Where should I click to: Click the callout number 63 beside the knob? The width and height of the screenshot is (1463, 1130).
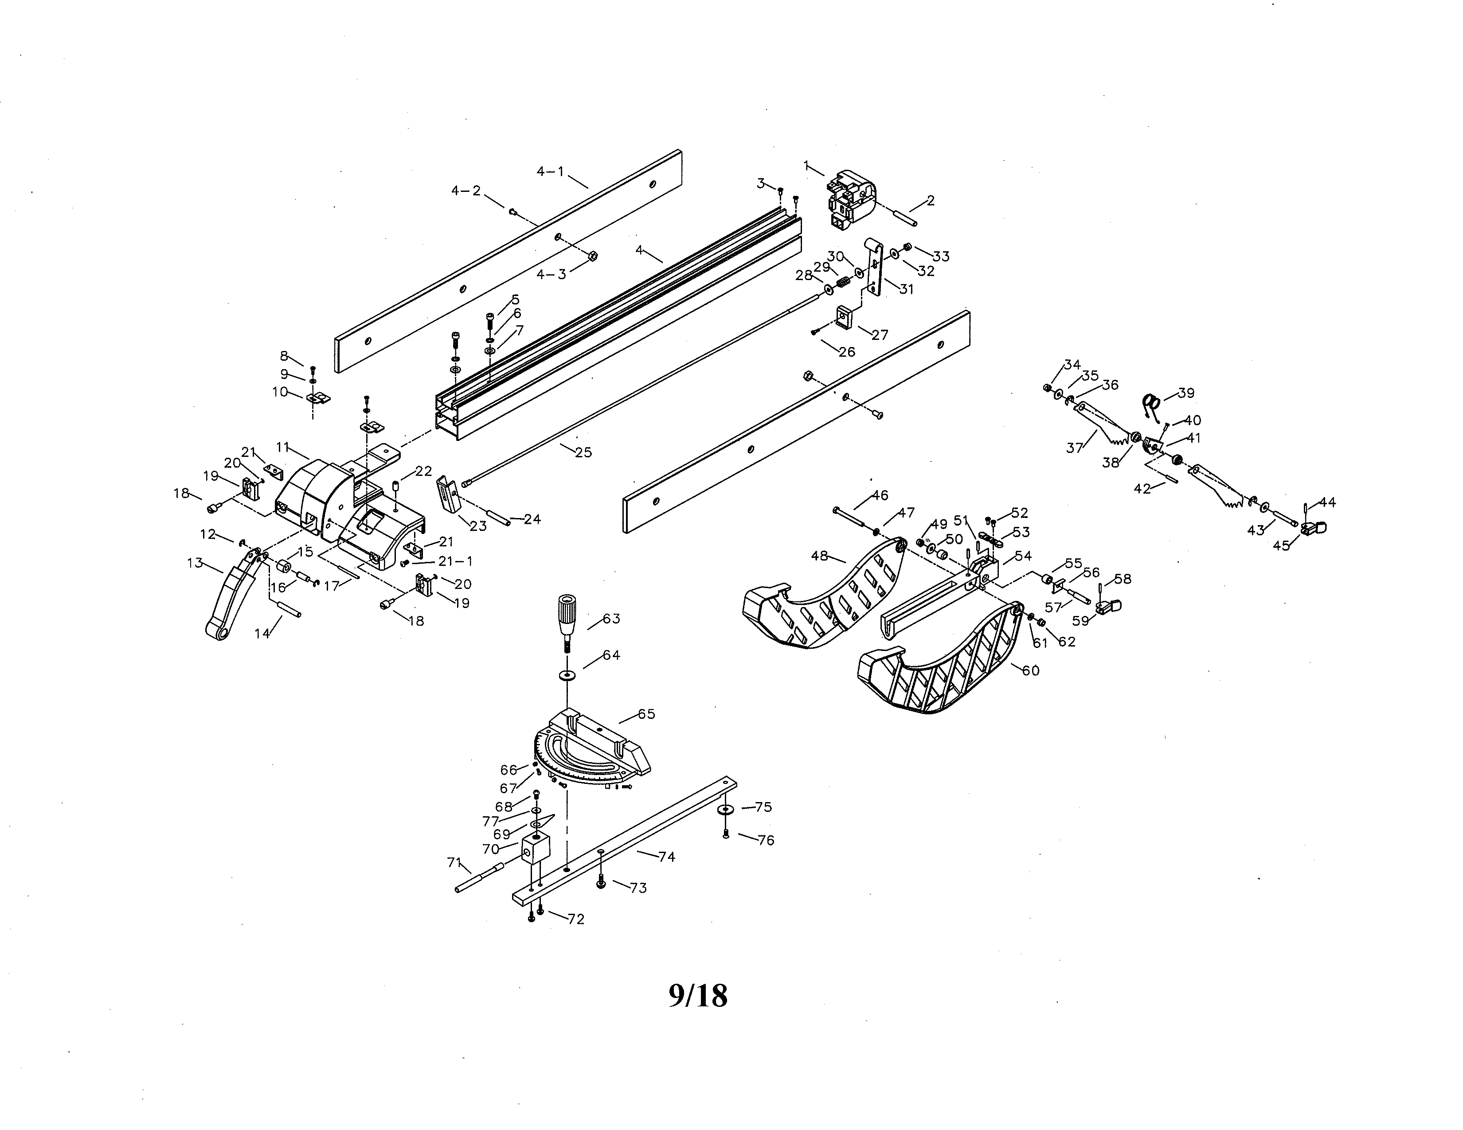tap(611, 619)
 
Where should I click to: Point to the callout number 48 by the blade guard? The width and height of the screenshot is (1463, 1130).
tap(819, 556)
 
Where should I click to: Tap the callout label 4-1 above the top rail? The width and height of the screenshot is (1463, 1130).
tap(550, 171)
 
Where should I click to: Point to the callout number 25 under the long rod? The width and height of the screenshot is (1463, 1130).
tap(583, 452)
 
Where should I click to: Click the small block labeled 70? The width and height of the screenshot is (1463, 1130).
tap(536, 851)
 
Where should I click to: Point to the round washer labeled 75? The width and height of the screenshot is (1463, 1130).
tap(725, 810)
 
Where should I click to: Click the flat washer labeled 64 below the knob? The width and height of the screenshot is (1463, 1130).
tap(568, 673)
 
